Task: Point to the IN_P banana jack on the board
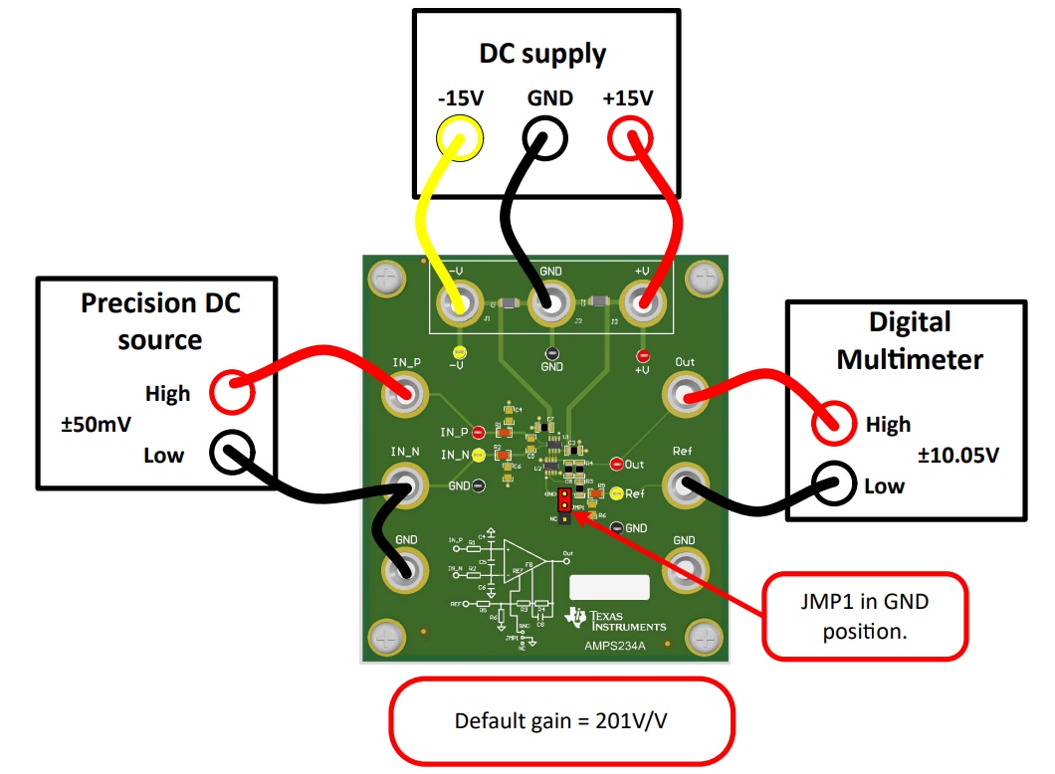[x=405, y=397]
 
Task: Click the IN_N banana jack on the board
[x=405, y=485]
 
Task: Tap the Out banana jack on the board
[x=685, y=397]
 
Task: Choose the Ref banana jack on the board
[x=685, y=485]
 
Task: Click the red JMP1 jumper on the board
[x=564, y=498]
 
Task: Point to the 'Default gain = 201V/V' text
[x=560, y=721]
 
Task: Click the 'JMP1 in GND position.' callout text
[x=864, y=615]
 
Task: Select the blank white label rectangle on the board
[x=608, y=587]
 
